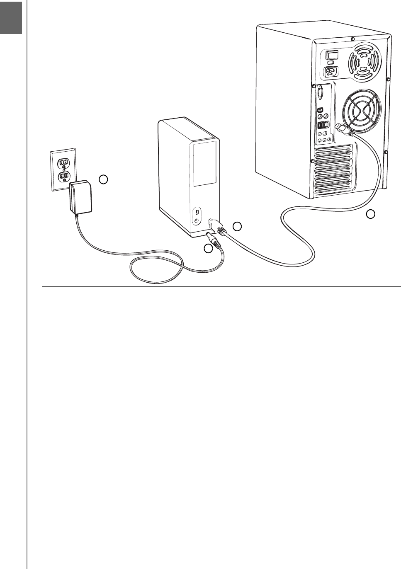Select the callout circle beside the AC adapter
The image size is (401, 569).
[x=104, y=179]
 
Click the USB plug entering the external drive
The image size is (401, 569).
[x=216, y=226]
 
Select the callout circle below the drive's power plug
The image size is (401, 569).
[x=208, y=249]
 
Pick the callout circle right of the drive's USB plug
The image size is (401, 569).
[x=237, y=226]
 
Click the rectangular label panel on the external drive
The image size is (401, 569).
[x=204, y=165]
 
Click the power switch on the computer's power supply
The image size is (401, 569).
[x=332, y=54]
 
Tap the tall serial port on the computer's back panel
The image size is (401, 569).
[x=320, y=92]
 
